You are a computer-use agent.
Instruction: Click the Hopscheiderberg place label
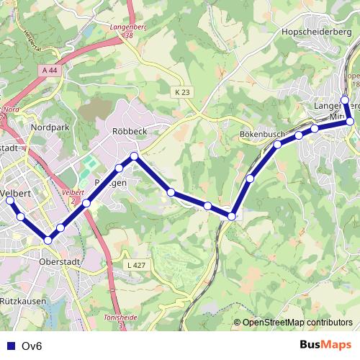[311, 32]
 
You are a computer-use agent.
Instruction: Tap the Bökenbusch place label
[264, 135]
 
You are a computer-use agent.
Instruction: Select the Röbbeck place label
[130, 131]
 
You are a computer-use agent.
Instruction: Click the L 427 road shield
[135, 266]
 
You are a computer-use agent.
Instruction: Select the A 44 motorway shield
[50, 70]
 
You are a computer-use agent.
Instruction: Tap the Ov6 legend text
[32, 346]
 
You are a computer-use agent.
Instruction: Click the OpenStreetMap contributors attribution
[297, 323]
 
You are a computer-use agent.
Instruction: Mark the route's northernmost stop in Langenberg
[345, 99]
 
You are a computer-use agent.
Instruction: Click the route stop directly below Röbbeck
[134, 156]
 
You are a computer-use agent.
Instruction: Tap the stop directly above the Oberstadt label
[48, 240]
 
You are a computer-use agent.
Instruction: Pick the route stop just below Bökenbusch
[277, 145]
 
